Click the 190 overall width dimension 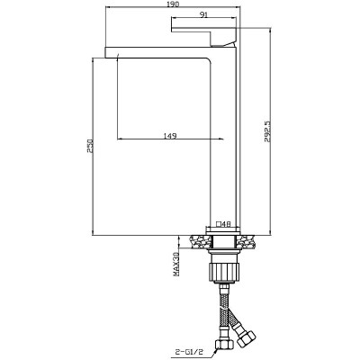pyautogui.click(x=172, y=4)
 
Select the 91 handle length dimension pyautogui.click(x=204, y=15)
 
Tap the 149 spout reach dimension pyautogui.click(x=169, y=136)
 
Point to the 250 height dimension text pyautogui.click(x=90, y=146)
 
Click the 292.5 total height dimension pyautogui.click(x=267, y=131)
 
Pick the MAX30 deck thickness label pyautogui.click(x=176, y=264)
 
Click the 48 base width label pyautogui.click(x=227, y=224)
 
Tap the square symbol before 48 pyautogui.click(x=219, y=224)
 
